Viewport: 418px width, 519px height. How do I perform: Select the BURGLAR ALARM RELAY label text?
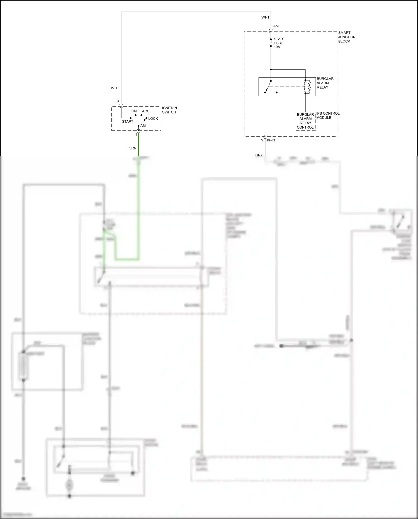(325, 83)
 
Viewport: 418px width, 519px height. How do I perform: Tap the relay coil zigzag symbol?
(307, 87)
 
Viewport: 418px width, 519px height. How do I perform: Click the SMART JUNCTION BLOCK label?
(347, 37)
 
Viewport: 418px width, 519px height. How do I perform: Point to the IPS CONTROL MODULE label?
(328, 115)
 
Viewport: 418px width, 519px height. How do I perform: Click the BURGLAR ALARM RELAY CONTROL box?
(305, 121)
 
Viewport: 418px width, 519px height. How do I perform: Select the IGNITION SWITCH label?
(169, 110)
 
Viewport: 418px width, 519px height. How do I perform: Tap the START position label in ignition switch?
(127, 122)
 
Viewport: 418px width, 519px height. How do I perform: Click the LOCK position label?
(153, 119)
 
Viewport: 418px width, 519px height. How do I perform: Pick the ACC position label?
(145, 111)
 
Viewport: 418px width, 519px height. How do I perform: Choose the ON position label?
(134, 111)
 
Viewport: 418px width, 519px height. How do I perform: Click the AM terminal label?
(143, 126)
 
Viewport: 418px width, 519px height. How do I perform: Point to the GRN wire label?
(132, 148)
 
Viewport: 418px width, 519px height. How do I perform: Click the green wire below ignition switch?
(138, 145)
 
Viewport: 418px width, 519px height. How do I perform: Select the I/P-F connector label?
(276, 26)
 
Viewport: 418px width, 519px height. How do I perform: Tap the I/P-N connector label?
(271, 140)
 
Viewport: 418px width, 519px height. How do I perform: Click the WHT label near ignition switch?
(115, 88)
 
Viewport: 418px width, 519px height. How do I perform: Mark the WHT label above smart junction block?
(265, 17)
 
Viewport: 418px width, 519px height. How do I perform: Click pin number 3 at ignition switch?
(118, 101)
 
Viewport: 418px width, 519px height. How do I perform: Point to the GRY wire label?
(259, 155)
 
